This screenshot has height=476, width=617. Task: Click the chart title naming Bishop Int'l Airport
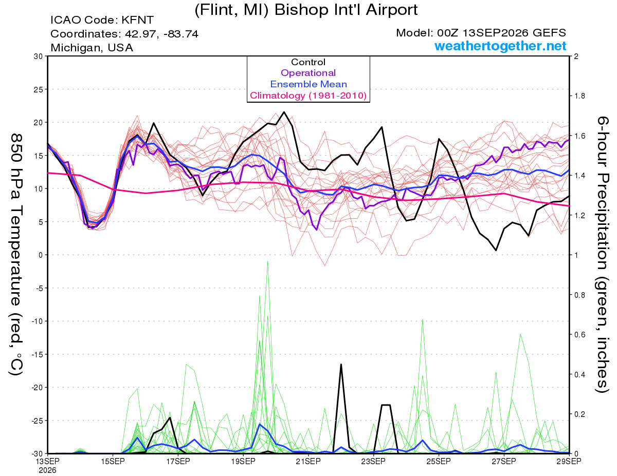click(306, 10)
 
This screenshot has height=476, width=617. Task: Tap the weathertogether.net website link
click(500, 46)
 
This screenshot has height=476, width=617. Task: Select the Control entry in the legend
click(308, 62)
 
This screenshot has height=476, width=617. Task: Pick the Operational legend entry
click(308, 73)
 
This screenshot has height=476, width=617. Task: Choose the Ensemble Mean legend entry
click(308, 84)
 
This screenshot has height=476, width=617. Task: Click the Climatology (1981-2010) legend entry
click(308, 96)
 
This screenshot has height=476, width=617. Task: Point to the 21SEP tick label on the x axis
click(308, 461)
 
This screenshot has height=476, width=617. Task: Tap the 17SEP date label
click(178, 461)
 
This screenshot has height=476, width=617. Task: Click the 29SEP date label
click(569, 461)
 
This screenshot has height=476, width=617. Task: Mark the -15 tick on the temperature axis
click(38, 354)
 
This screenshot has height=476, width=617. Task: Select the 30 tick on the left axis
click(39, 56)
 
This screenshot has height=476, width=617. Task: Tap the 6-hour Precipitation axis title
click(602, 255)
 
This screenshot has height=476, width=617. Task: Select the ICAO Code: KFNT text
click(102, 20)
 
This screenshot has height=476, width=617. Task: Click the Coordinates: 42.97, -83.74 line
click(124, 34)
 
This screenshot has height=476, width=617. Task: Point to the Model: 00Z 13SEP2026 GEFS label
click(481, 33)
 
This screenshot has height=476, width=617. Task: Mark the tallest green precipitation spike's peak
click(268, 261)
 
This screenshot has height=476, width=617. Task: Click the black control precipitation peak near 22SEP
click(341, 364)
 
